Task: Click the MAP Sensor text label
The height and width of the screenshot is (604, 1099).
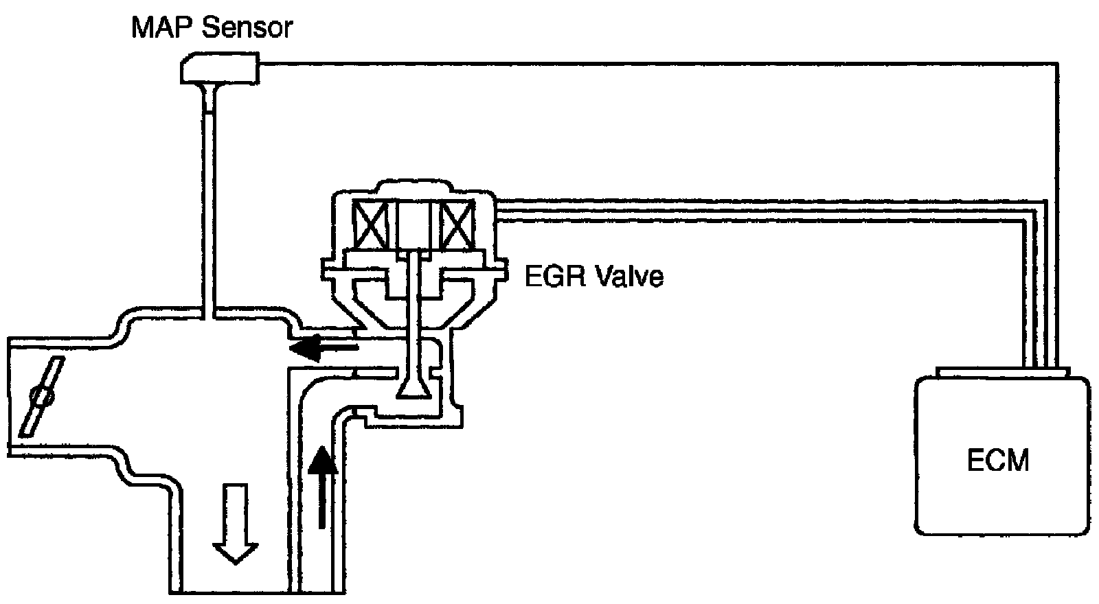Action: [212, 28]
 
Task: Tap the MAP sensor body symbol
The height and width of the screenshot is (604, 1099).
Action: [218, 69]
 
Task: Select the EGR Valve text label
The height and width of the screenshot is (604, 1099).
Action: [594, 277]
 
